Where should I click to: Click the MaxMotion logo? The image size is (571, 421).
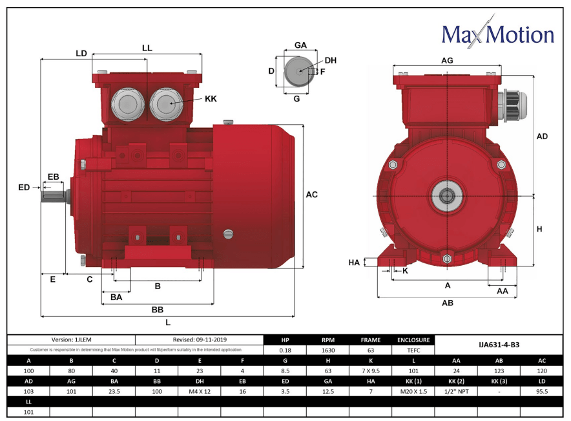pos(497,34)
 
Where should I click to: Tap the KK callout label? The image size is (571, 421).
pos(211,99)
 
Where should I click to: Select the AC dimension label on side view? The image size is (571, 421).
pos(311,195)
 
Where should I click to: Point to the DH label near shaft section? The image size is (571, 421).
pos(330,60)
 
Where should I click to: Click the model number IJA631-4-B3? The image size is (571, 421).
pos(498,345)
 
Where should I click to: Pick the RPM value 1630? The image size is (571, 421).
pos(328,350)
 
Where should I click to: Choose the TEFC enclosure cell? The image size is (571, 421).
pos(413,350)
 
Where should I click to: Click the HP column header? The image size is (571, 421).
pos(285,340)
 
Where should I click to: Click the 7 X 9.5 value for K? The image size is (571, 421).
pos(371,371)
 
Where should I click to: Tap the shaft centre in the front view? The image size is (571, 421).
pos(446,195)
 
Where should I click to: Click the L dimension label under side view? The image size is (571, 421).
pos(168,323)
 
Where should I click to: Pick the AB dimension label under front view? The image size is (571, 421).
pos(447,303)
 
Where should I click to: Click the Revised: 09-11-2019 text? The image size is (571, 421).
pos(200,340)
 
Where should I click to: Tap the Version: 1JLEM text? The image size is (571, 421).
pos(71,340)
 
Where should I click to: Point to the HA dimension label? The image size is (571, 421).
pos(353,263)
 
